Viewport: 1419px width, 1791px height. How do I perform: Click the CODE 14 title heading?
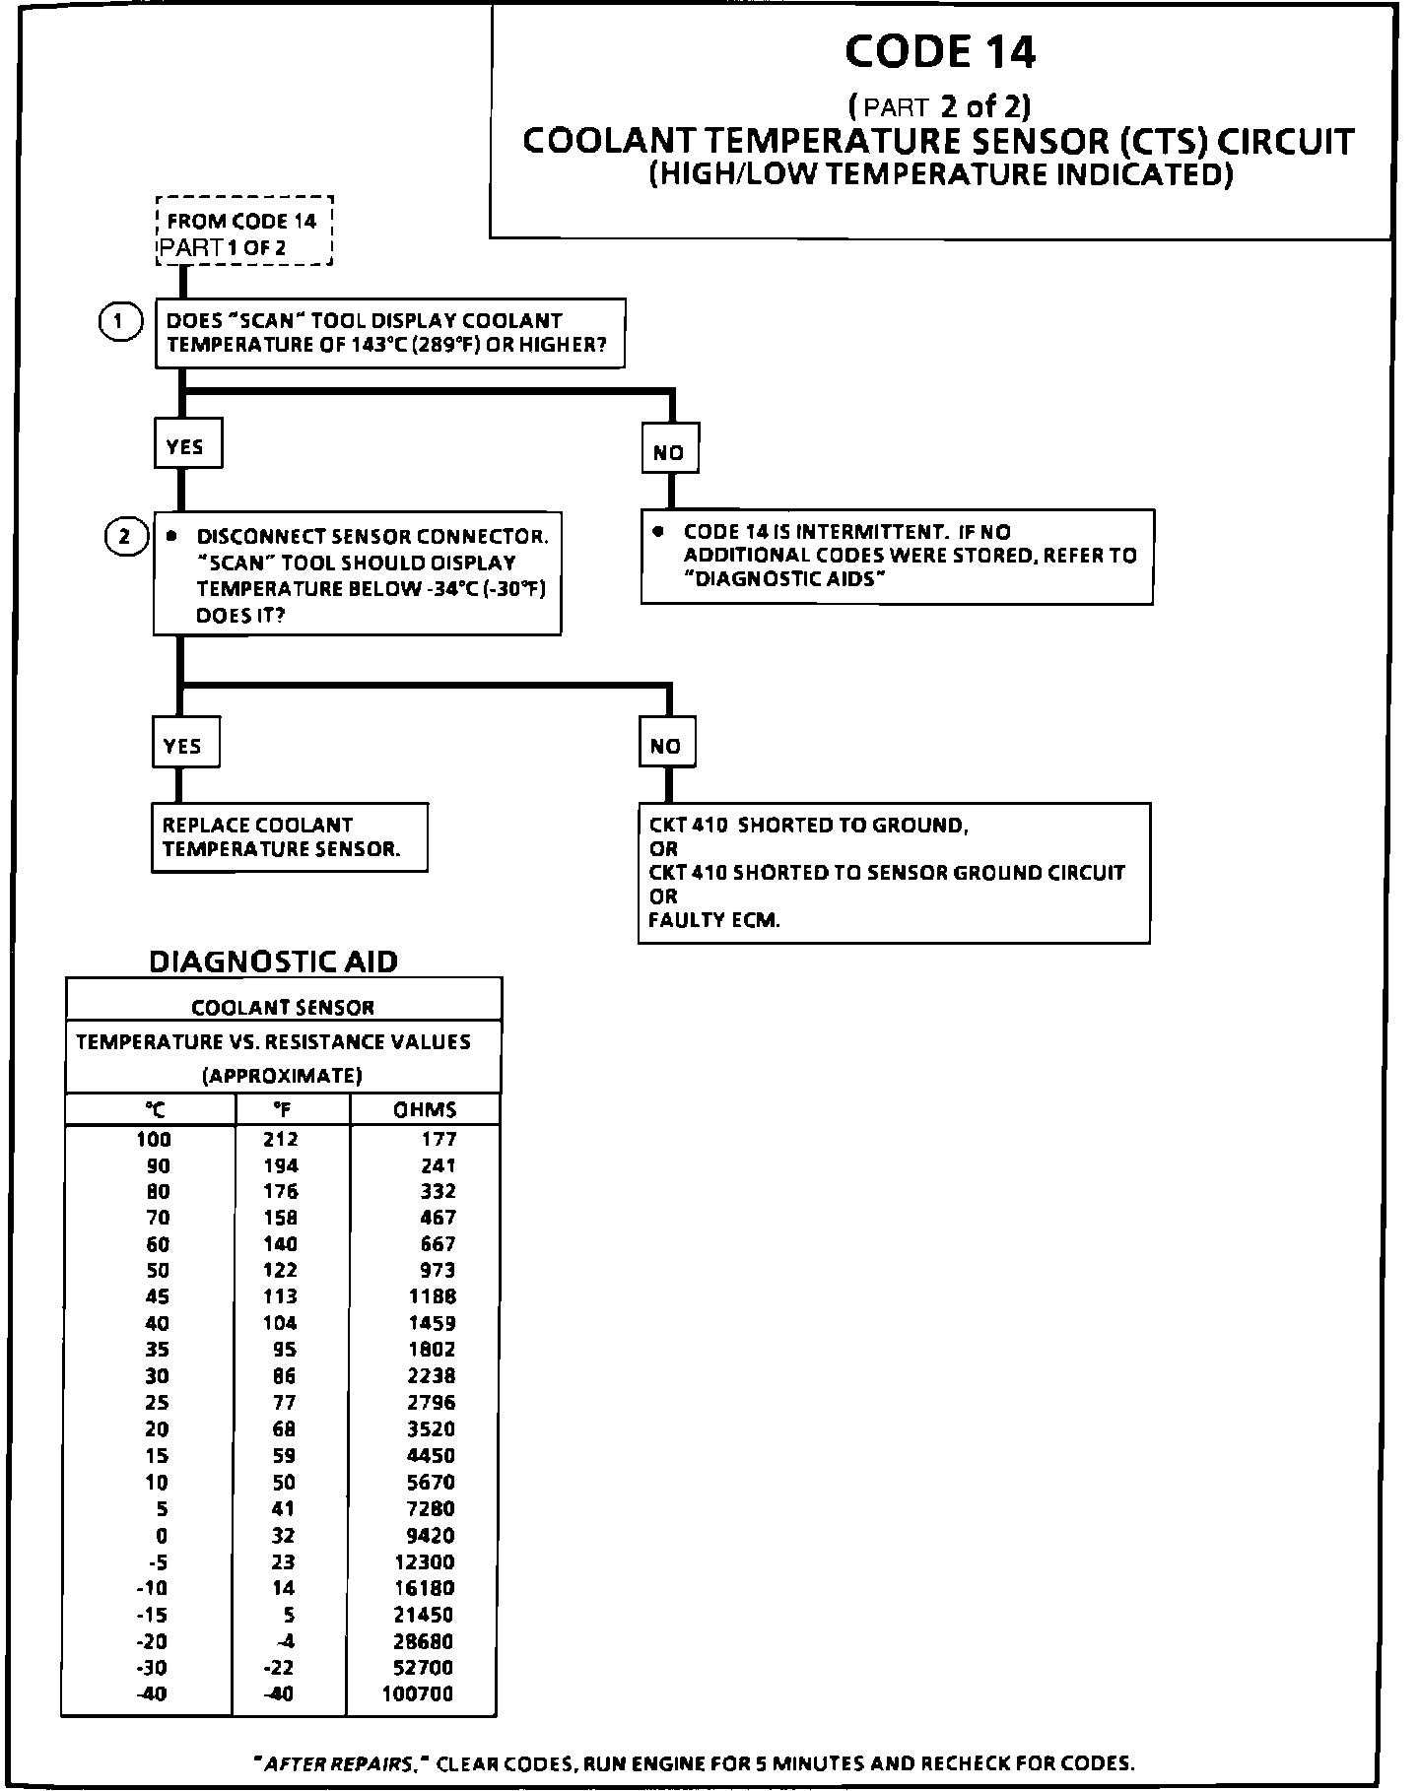(x=940, y=52)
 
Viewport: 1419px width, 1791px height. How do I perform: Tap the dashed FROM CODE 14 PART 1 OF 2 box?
(x=244, y=232)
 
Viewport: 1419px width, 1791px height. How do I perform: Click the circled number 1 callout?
(x=120, y=322)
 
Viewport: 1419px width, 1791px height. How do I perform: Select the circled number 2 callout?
(x=124, y=537)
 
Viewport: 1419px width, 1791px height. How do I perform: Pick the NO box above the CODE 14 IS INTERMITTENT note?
(x=669, y=452)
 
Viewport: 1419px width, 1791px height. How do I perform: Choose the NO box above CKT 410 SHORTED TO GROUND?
(x=666, y=746)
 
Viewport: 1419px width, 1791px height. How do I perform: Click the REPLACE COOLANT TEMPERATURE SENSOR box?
(x=289, y=837)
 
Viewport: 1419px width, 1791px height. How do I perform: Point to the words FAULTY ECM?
(x=714, y=921)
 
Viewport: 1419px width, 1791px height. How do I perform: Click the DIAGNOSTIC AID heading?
(x=273, y=962)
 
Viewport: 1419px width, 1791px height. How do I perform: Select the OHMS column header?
(x=426, y=1109)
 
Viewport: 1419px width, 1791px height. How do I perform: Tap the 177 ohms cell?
(x=439, y=1139)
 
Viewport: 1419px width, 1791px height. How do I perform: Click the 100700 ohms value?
(x=418, y=1693)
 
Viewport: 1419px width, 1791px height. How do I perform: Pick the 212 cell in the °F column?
(x=281, y=1139)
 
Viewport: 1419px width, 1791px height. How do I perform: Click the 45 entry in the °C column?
(x=157, y=1296)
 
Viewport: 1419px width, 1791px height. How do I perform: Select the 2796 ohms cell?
(x=432, y=1402)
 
